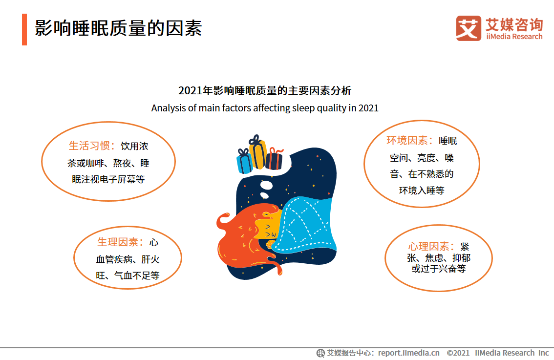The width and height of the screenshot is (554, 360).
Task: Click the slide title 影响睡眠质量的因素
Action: coord(118,28)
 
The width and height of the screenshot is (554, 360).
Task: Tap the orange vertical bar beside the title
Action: coord(24,29)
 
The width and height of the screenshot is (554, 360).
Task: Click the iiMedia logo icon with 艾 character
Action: coord(469,28)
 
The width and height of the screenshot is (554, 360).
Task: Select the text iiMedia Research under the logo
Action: coord(514,36)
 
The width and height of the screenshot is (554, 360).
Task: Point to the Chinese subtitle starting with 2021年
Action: coord(265,90)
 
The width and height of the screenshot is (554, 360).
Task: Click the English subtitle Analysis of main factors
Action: coord(265,108)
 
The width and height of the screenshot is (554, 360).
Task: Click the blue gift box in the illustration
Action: coord(244,162)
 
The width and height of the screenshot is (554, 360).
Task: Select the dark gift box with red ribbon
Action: coord(274,158)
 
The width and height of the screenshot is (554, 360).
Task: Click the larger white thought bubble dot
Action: coord(266,185)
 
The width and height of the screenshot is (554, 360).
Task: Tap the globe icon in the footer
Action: coord(320,353)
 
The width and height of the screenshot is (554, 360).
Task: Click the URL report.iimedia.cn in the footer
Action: coord(409,353)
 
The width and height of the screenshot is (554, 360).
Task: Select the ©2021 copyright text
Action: coord(458,353)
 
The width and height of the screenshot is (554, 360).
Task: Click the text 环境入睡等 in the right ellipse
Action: coord(422,191)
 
